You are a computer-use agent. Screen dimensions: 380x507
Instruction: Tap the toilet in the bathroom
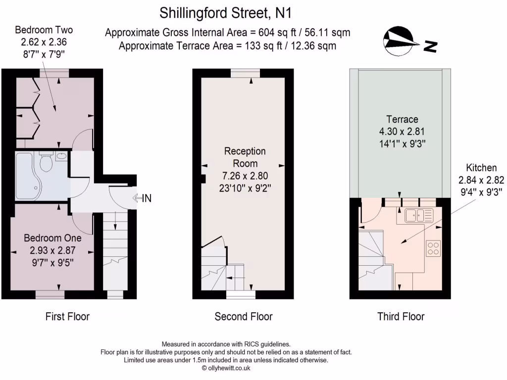[46, 162]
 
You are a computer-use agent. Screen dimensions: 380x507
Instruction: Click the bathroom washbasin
[61, 157]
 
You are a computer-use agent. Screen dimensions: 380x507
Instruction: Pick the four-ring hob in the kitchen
[433, 247]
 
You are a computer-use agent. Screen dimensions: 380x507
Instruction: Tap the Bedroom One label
[53, 238]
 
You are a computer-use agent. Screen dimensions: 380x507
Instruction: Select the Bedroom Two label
[44, 30]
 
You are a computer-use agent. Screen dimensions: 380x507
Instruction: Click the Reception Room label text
[245, 157]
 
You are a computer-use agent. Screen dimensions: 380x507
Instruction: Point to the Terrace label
[402, 119]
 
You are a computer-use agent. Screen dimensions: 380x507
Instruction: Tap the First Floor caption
[67, 316]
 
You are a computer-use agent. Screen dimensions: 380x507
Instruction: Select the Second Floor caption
[244, 316]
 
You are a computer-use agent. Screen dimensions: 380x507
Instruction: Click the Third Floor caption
[401, 316]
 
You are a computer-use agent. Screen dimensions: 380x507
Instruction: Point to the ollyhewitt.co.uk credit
[226, 368]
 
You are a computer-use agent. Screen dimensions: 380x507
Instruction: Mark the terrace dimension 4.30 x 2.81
[402, 132]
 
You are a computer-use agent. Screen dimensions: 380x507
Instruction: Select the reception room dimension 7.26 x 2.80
[245, 176]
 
